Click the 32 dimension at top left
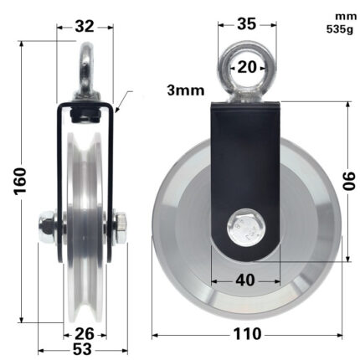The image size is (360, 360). pos(84,26)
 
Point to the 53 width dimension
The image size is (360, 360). pos(82,350)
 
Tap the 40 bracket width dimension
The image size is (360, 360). pos(244,280)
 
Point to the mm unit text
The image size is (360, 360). pos(344,16)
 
